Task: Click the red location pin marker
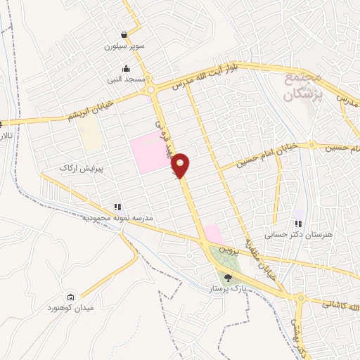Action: pyautogui.click(x=181, y=165)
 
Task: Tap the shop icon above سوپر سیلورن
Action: pyautogui.click(x=124, y=34)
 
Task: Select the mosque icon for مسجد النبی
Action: pyautogui.click(x=126, y=69)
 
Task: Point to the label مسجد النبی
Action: pyautogui.click(x=126, y=80)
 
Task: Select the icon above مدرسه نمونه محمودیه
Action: pyautogui.click(x=118, y=207)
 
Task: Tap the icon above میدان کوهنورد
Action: pyautogui.click(x=70, y=297)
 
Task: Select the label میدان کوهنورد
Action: pyautogui.click(x=70, y=308)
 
